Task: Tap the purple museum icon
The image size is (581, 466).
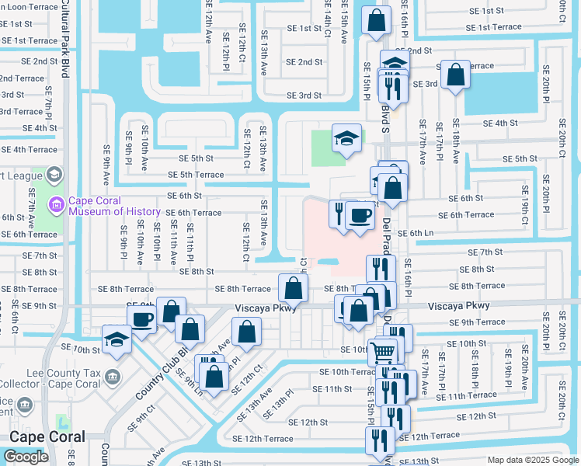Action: (56, 206)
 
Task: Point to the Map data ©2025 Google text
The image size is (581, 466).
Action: (532, 460)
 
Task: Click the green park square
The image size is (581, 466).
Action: (327, 148)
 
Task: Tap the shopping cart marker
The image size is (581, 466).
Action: (382, 351)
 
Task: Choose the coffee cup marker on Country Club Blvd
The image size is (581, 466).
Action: (142, 319)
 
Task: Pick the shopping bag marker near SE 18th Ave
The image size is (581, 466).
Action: (456, 76)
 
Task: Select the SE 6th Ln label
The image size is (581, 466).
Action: (415, 233)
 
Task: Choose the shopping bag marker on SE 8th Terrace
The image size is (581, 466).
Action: (292, 290)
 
